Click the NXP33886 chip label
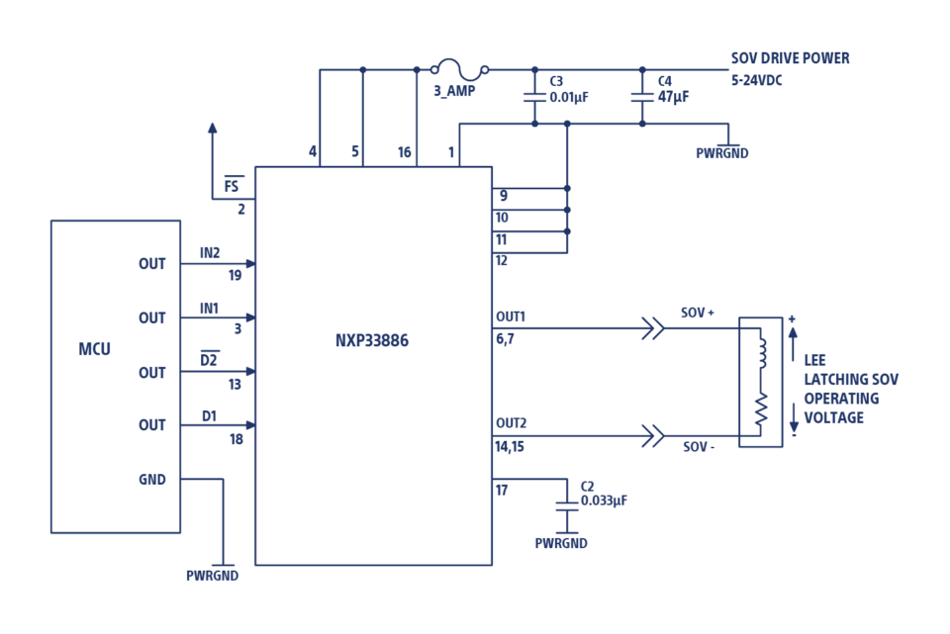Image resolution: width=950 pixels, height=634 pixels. (372, 340)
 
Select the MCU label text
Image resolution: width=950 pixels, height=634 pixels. (95, 349)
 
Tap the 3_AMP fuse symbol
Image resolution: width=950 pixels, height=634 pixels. (460, 69)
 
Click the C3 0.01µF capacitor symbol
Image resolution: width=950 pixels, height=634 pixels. (534, 97)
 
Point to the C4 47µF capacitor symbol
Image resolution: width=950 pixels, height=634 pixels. (642, 97)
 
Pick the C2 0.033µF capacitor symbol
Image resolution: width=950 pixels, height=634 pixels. (566, 506)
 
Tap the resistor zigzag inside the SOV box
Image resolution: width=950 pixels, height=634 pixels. (761, 408)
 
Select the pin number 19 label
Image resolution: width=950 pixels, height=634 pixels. (236, 276)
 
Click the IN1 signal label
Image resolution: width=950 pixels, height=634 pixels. (209, 309)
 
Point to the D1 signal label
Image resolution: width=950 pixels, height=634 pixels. (209, 416)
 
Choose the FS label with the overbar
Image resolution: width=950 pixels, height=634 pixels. (232, 185)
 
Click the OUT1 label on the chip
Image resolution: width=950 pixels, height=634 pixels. (511, 317)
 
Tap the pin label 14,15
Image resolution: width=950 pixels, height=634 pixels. (510, 447)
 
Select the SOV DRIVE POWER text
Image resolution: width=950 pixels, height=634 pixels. (790, 58)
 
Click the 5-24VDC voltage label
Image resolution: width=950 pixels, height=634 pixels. (757, 80)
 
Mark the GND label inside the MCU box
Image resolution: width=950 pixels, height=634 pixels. (152, 480)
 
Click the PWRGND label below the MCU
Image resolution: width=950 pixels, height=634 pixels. (212, 576)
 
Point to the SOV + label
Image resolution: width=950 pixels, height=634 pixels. (698, 314)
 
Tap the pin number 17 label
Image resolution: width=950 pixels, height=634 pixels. (502, 491)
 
